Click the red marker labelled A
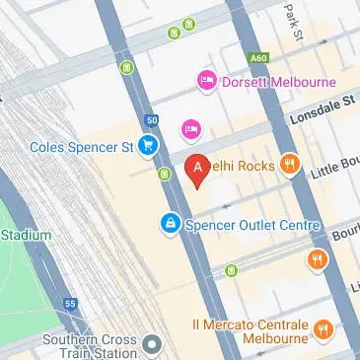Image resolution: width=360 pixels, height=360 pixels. [x=197, y=169]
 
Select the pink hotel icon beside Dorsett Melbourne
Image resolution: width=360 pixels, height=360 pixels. [x=207, y=81]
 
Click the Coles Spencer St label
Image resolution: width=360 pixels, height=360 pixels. [x=81, y=147]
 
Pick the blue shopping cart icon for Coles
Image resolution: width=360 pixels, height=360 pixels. [x=148, y=147]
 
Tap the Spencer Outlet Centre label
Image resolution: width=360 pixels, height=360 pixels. [x=252, y=226]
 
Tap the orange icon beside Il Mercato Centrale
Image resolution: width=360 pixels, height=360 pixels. [x=323, y=328]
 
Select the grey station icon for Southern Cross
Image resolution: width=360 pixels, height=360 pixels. [x=151, y=345]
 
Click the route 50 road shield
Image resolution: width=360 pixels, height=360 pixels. [x=151, y=120]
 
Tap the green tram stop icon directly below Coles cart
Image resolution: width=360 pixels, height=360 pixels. [x=162, y=175]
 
